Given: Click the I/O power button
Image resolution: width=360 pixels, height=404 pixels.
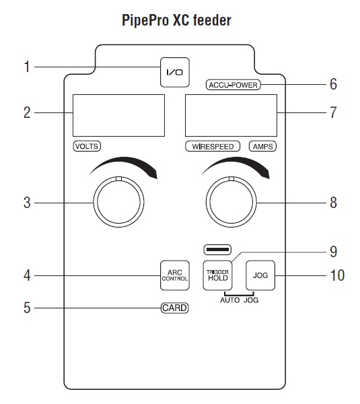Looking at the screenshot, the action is (x=175, y=73).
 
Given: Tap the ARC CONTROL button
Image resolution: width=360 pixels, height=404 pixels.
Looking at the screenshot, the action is (x=175, y=275).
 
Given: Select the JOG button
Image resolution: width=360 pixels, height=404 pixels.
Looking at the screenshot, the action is (x=260, y=275).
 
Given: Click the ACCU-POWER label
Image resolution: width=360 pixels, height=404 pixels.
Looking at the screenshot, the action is (x=233, y=85).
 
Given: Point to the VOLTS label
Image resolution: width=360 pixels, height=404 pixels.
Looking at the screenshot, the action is (x=87, y=146).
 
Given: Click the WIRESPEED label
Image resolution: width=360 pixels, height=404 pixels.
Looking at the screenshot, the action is (x=213, y=146).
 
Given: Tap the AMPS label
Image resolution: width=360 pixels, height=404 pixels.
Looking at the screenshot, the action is (x=262, y=146).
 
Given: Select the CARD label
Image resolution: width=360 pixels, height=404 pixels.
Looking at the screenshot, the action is (x=175, y=308).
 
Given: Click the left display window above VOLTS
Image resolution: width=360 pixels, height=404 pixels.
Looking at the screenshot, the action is (x=118, y=115).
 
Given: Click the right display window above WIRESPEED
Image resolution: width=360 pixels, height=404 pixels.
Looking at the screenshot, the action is (x=231, y=115).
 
